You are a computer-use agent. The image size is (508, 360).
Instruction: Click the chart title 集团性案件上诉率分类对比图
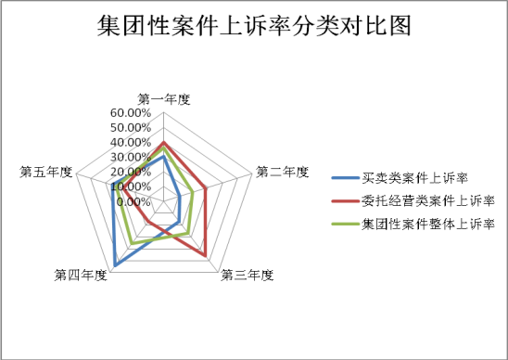pyautogui.click(x=253, y=27)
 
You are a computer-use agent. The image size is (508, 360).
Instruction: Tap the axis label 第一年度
pyautogui.click(x=163, y=99)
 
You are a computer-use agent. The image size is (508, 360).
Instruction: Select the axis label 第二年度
pyautogui.click(x=282, y=172)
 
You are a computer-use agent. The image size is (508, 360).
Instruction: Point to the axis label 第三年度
pyautogui.click(x=248, y=275)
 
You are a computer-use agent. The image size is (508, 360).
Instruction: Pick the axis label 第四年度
pyautogui.click(x=81, y=275)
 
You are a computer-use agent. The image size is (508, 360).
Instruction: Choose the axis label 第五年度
pyautogui.click(x=45, y=172)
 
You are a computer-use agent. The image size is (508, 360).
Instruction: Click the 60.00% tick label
pyautogui.click(x=131, y=113)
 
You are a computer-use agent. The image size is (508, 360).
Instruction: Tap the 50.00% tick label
pyautogui.click(x=131, y=128)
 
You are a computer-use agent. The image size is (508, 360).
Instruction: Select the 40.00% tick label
pyautogui.click(x=131, y=143)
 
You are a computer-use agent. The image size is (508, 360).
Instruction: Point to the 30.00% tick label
pyautogui.click(x=131, y=158)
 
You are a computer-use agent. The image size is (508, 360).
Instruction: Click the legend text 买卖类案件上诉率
pyautogui.click(x=414, y=177)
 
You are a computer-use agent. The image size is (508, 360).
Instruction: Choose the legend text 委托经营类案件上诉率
pyautogui.click(x=426, y=200)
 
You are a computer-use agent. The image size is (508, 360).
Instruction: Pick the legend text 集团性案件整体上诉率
pyautogui.click(x=426, y=224)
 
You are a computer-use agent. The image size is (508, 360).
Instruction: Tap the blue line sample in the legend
pyautogui.click(x=345, y=177)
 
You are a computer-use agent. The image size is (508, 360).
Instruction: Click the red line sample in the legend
pyautogui.click(x=345, y=200)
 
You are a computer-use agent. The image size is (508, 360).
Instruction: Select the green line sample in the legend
pyautogui.click(x=345, y=224)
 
